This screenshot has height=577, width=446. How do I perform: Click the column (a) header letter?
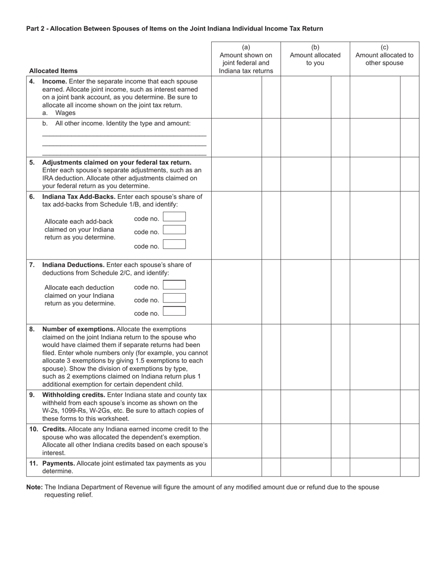click(246, 47)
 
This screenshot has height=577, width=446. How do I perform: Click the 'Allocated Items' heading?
click(54, 71)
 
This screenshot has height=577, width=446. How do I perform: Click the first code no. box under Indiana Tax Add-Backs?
click(174, 217)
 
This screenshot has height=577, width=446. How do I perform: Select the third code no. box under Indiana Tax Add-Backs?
click(174, 244)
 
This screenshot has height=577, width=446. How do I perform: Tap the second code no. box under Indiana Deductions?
click(174, 298)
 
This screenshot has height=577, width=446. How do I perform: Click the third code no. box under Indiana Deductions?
click(174, 311)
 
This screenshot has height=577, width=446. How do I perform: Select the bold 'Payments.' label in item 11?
click(58, 463)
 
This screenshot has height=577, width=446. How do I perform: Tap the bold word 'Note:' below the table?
click(35, 487)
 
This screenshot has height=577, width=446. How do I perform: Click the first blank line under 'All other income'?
click(124, 136)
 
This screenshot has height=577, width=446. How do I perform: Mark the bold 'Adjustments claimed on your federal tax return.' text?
click(117, 162)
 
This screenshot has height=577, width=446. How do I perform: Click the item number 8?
click(32, 329)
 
